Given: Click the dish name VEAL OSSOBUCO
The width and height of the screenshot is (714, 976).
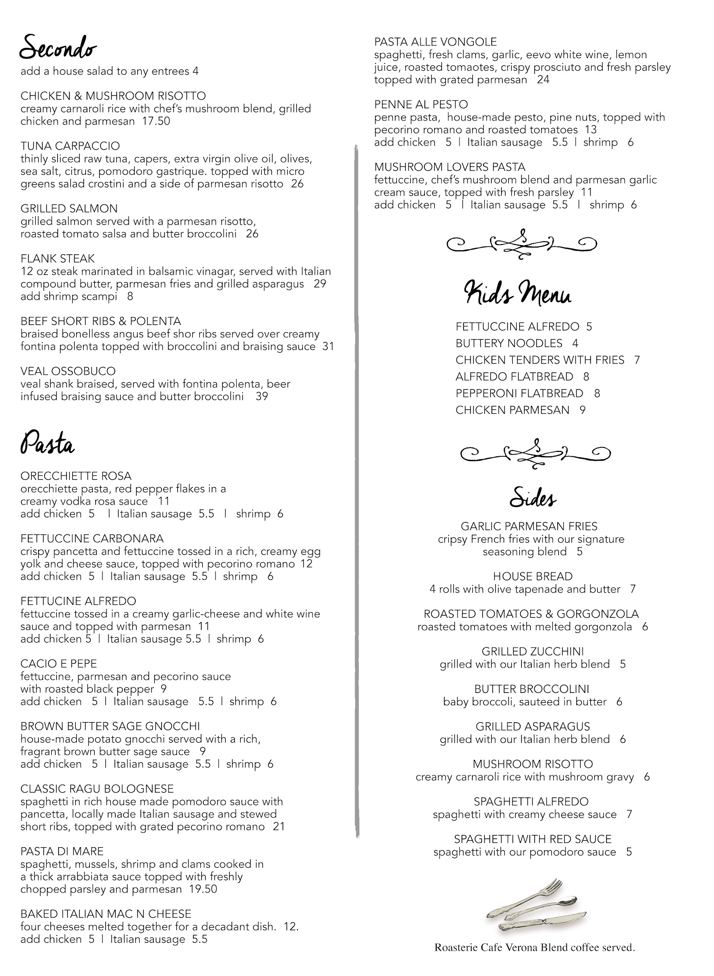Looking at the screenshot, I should (68, 371).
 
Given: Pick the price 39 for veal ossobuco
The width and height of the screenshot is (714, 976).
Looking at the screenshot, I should (262, 396).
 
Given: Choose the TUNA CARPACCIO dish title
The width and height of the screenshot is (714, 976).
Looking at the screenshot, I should (70, 146).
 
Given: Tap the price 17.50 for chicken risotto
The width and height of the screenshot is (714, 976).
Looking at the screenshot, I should (156, 121).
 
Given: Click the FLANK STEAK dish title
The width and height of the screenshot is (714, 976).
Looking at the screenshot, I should (58, 259).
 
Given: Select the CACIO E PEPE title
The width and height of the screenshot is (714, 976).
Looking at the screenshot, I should (59, 664).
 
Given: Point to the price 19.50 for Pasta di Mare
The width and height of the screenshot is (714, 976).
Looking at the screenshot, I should (203, 889).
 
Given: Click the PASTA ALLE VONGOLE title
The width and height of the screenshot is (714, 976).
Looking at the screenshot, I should (435, 42).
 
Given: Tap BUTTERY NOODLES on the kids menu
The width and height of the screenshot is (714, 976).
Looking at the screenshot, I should (509, 343).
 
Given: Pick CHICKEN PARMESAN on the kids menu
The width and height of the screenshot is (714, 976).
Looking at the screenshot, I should (512, 410).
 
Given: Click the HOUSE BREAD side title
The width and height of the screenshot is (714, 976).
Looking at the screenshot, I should (532, 576).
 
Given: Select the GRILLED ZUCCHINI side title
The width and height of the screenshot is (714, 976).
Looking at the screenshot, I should (532, 651).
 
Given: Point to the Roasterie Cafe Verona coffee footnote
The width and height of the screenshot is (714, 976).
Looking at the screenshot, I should (534, 948).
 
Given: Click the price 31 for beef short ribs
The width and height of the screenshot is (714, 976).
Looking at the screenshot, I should (328, 346).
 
